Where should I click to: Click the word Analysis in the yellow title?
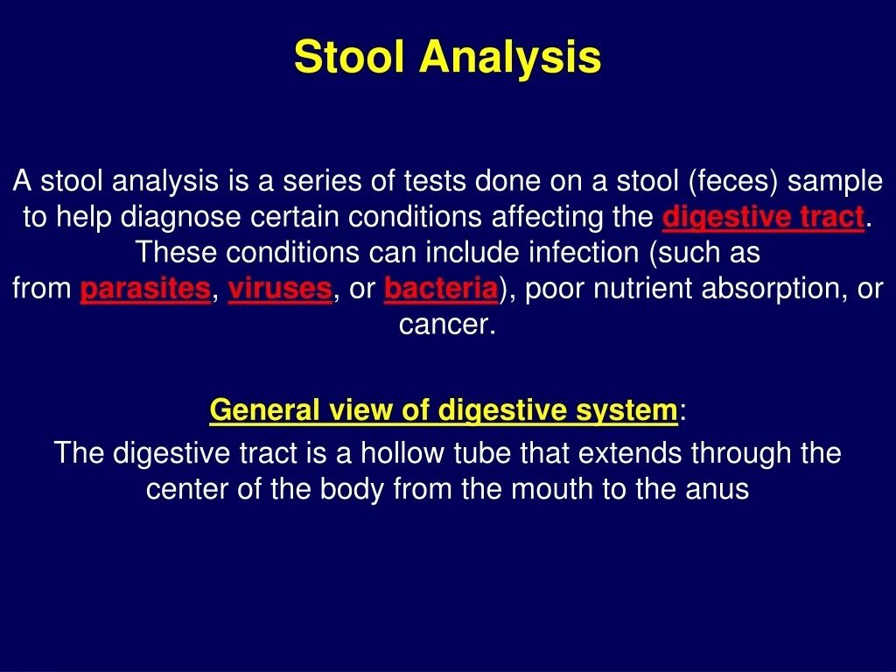[510, 58]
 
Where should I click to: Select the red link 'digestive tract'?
[763, 217]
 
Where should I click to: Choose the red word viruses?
[280, 289]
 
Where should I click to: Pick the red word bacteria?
[441, 289]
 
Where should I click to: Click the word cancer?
[446, 325]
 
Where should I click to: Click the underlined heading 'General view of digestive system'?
[444, 410]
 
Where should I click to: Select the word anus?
[719, 489]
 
